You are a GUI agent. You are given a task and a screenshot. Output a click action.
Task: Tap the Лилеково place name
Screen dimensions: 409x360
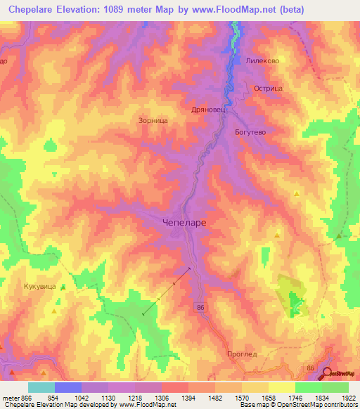pos(263,61)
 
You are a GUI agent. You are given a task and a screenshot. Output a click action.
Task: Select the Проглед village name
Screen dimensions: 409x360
pos(243,354)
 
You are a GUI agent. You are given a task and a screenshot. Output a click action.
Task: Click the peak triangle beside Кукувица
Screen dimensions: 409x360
pos(63,287)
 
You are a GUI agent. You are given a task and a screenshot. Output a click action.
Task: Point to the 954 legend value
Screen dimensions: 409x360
pos(53,398)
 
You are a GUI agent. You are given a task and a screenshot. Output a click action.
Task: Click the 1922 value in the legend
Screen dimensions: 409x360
pos(349,398)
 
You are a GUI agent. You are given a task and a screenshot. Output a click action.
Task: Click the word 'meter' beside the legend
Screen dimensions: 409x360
pos(13,398)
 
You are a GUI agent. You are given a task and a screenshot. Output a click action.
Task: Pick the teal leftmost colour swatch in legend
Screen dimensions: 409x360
pos(41,387)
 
